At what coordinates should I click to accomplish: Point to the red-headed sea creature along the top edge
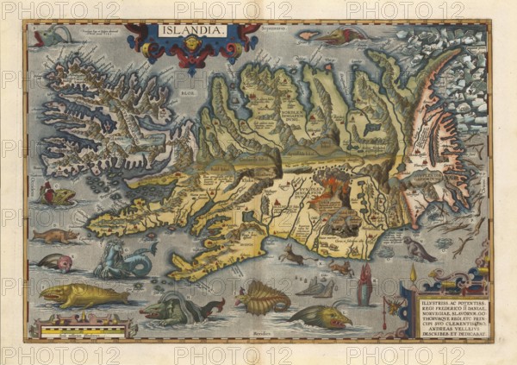click(340, 36)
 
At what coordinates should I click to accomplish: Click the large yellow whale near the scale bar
click(82, 295)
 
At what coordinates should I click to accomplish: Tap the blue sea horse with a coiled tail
click(126, 260)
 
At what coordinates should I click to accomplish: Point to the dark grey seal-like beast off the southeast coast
click(419, 250)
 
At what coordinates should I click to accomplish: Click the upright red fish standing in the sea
click(364, 286)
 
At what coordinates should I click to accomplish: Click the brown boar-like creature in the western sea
click(53, 236)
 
